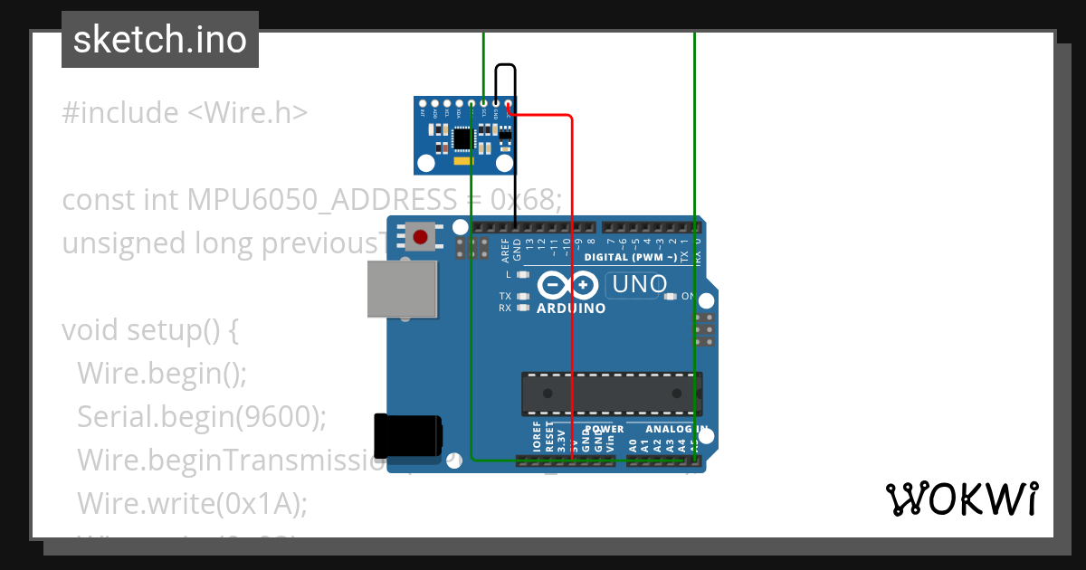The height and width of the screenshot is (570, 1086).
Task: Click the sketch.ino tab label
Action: pyautogui.click(x=160, y=40)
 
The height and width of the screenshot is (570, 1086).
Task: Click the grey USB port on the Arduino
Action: pyautogui.click(x=403, y=290)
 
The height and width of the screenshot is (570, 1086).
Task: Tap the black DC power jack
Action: pyautogui.click(x=408, y=435)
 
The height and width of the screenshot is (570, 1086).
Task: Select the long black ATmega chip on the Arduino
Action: pyautogui.click(x=612, y=393)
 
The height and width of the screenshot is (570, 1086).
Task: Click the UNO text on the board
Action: pyautogui.click(x=640, y=285)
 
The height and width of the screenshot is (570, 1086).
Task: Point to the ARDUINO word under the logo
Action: pyautogui.click(x=571, y=309)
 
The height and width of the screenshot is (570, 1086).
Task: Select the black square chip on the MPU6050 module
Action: pyautogui.click(x=462, y=138)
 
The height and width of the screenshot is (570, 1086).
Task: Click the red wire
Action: pyautogui.click(x=572, y=271)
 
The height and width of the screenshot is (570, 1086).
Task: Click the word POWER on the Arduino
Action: pyautogui.click(x=605, y=430)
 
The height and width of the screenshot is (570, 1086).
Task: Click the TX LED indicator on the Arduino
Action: pyautogui.click(x=523, y=296)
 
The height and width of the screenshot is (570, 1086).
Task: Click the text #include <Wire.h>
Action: pyautogui.click(x=185, y=113)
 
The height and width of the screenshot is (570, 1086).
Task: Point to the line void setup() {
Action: pyautogui.click(x=150, y=330)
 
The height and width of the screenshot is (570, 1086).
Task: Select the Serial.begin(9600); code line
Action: pyautogui.click(x=202, y=416)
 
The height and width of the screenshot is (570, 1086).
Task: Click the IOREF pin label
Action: pyautogui.click(x=537, y=436)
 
